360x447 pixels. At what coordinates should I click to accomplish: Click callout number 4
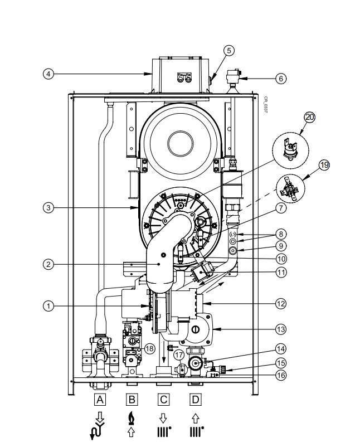click(x=50, y=73)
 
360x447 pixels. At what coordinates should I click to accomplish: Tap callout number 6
click(x=281, y=79)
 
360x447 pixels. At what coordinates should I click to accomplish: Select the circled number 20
click(x=309, y=118)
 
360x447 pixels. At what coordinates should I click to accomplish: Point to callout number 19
click(x=324, y=165)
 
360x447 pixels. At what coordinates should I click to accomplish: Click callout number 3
click(x=50, y=208)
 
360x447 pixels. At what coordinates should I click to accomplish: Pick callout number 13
click(x=281, y=329)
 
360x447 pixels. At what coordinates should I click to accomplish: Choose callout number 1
click(x=50, y=305)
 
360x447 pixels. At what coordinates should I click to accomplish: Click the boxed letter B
click(x=132, y=399)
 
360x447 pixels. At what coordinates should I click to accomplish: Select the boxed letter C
click(x=163, y=399)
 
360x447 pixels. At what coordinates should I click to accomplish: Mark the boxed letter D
click(x=195, y=399)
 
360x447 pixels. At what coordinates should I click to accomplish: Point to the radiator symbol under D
click(x=195, y=430)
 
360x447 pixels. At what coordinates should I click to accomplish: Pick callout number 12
click(x=281, y=304)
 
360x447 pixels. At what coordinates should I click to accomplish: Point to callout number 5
click(x=228, y=50)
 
